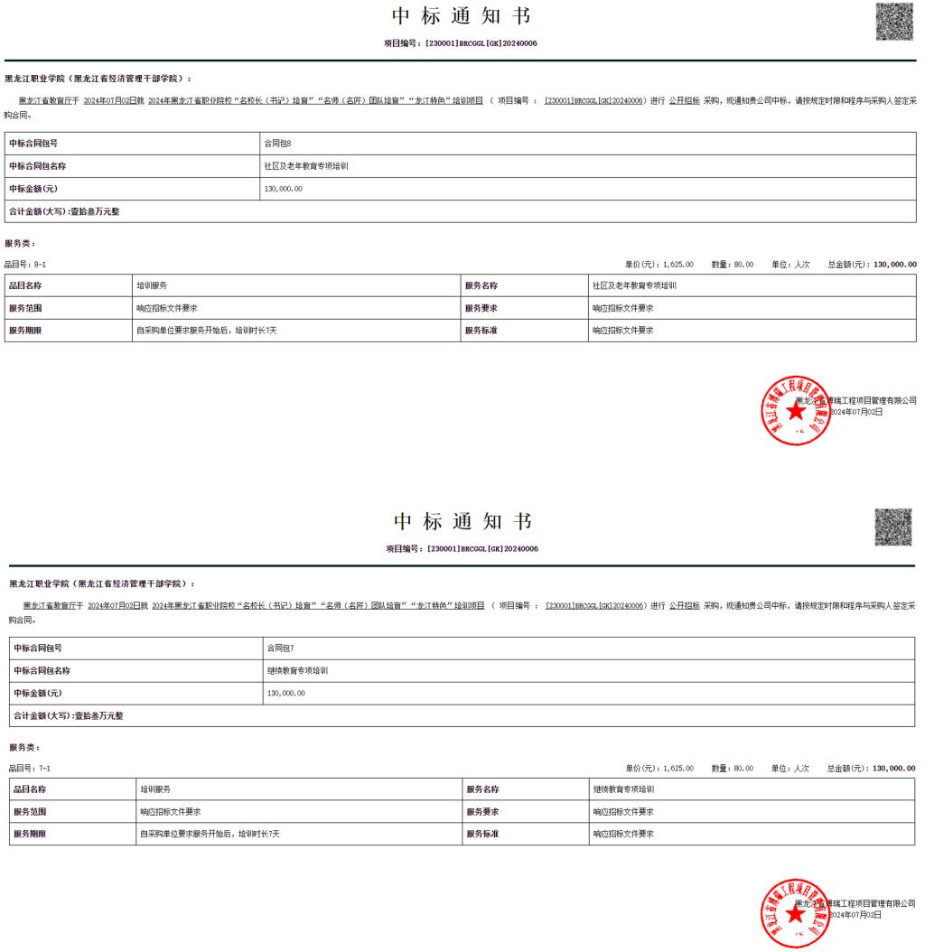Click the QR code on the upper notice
point(894,23)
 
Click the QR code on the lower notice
point(894,527)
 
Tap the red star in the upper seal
point(796,412)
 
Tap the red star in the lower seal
point(796,914)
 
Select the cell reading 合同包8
point(277,144)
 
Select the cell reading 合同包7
point(280,648)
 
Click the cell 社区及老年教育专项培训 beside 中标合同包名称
point(306,166)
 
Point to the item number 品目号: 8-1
point(25,265)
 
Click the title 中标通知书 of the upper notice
point(462,16)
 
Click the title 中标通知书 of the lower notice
point(462,522)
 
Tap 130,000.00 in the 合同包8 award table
point(284,189)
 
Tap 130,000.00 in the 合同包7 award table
point(286,693)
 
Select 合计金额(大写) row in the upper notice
point(64,211)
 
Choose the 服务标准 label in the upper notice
point(481,331)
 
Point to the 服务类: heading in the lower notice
point(24,747)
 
